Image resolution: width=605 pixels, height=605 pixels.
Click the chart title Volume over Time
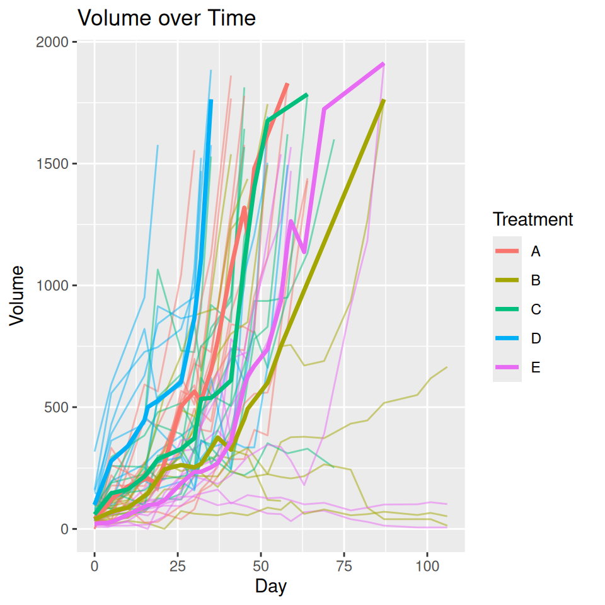(166, 18)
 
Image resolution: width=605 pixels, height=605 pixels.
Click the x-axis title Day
(271, 587)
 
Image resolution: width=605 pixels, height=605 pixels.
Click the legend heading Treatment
(533, 219)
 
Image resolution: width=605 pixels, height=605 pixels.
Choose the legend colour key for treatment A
(507, 251)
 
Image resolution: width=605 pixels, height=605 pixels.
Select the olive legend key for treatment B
(507, 280)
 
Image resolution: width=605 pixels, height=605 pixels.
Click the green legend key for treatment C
(507, 309)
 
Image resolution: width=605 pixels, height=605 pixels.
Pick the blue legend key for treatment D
(507, 338)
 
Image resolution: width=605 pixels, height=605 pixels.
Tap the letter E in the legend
(536, 367)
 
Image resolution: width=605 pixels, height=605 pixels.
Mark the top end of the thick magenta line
(383, 64)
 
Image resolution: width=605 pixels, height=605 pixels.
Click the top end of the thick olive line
(384, 100)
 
